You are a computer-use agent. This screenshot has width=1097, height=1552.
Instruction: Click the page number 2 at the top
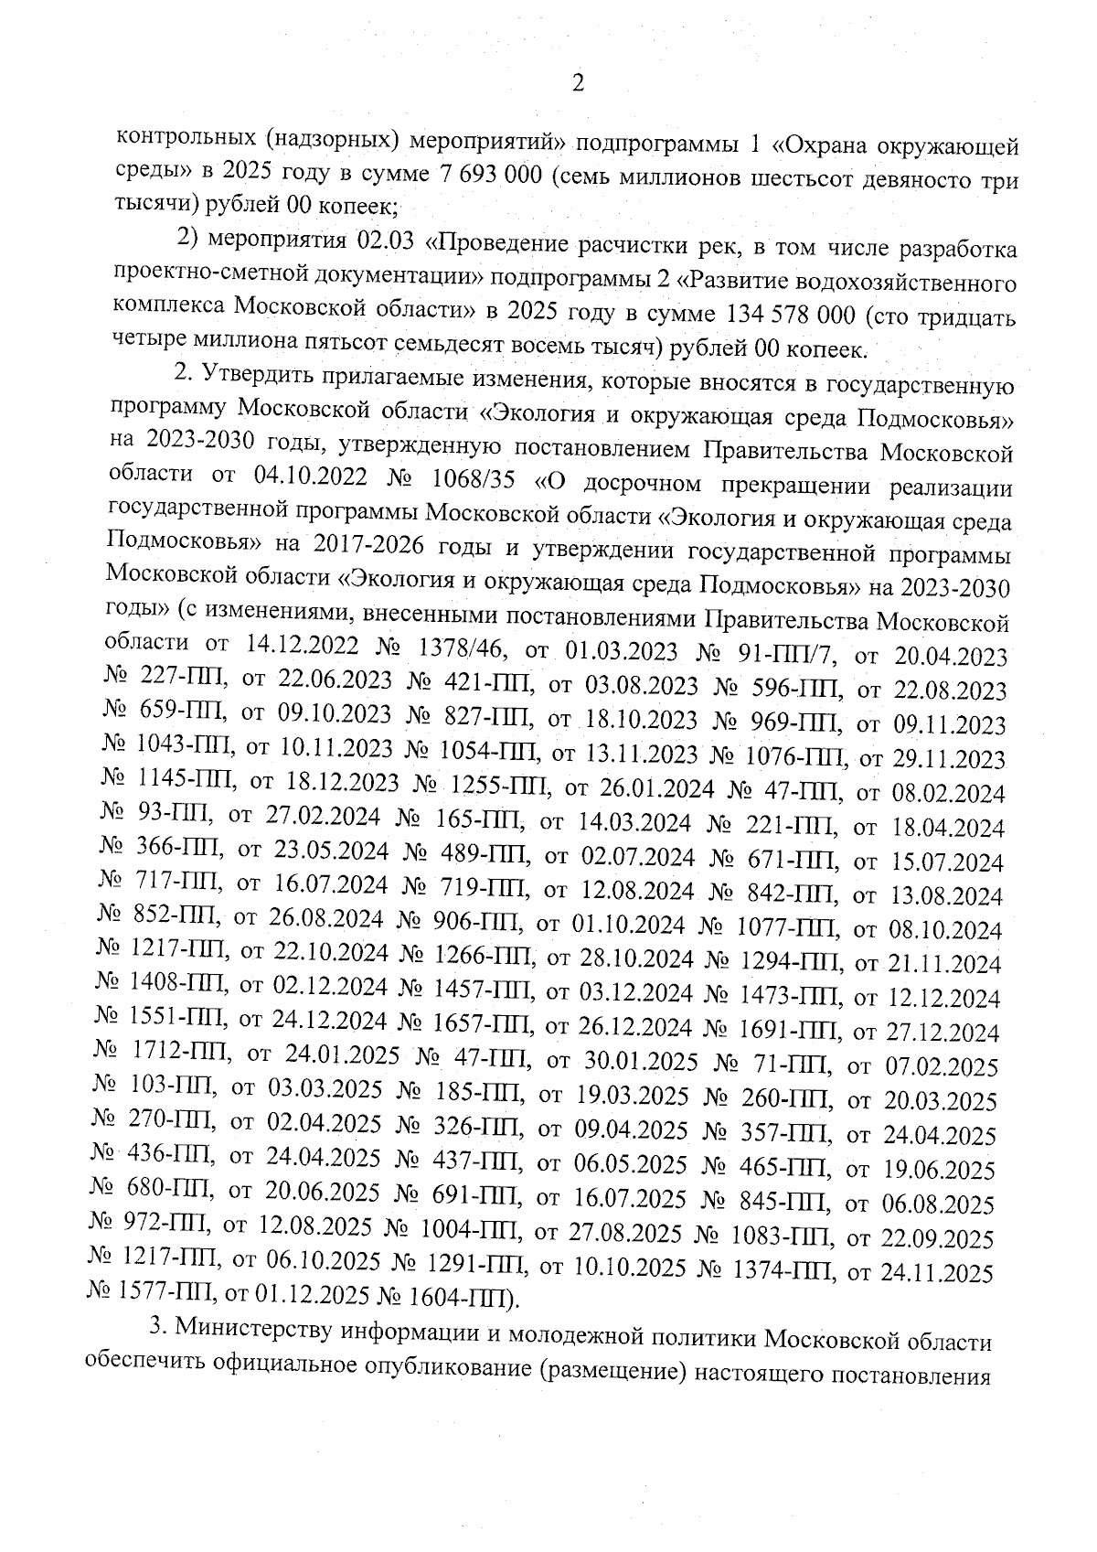[577, 84]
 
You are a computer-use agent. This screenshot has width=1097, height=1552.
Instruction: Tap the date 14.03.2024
[635, 823]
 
